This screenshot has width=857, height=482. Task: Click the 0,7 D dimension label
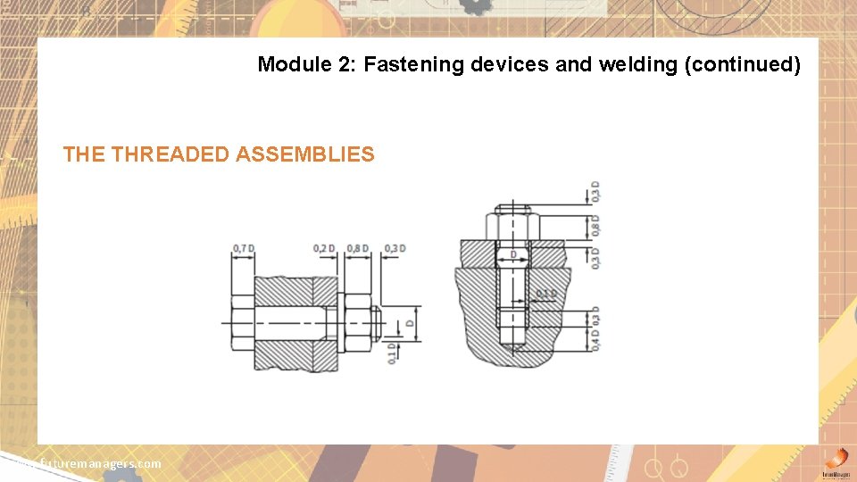pos(243,247)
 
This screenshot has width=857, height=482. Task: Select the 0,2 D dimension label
pos(324,247)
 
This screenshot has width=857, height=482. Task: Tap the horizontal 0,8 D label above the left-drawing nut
pos(357,247)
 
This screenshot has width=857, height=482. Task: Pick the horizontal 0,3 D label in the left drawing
pos(394,247)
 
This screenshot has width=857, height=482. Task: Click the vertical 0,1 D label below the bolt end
pos(392,353)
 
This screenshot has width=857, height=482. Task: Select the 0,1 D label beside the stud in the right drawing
pos(546,293)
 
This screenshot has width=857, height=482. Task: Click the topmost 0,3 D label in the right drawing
pos(595,191)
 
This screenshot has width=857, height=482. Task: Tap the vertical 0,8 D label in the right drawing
pos(595,224)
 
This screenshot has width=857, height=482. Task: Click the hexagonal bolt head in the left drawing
pos(243,320)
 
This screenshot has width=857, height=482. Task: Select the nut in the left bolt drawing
pos(357,320)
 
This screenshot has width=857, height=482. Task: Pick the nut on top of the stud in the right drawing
pos(512,225)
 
